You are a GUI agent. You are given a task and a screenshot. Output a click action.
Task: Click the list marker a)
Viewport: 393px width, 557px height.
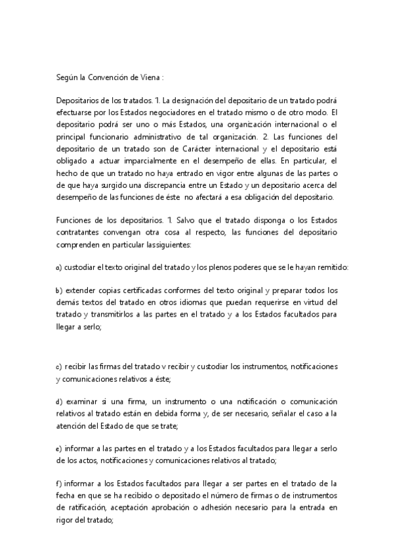click(x=60, y=267)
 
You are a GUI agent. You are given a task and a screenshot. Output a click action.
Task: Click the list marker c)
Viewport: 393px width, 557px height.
click(x=60, y=367)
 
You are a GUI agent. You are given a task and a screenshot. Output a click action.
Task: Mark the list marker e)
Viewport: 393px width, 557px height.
click(x=60, y=449)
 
